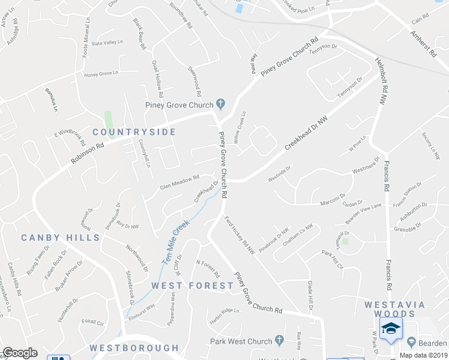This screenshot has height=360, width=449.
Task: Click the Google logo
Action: (20, 352)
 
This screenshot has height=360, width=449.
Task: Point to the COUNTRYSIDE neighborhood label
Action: (134, 132)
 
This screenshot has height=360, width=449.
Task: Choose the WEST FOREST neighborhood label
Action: (191, 286)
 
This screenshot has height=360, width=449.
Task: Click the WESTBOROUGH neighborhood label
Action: (134, 348)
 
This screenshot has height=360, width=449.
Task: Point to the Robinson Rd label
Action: (87, 153)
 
